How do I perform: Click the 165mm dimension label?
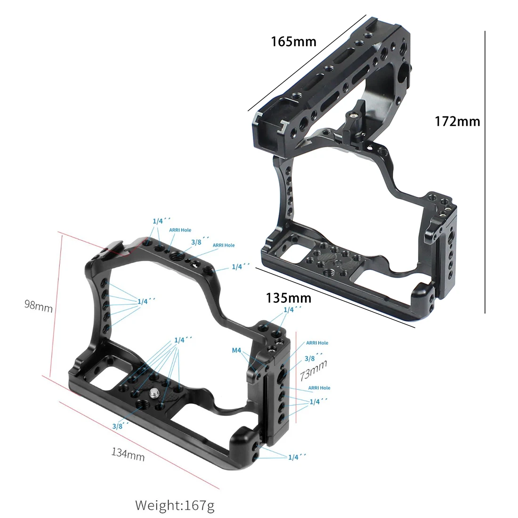pyautogui.click(x=293, y=41)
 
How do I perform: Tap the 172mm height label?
pyautogui.click(x=457, y=121)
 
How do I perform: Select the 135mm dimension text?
pyautogui.click(x=288, y=298)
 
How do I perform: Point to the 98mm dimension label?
pyautogui.click(x=38, y=306)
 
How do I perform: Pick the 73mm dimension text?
pyautogui.click(x=313, y=370)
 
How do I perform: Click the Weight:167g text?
pyautogui.click(x=175, y=505)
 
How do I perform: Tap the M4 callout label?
pyautogui.click(x=236, y=350)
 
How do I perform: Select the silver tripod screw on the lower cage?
pyautogui.click(x=154, y=393)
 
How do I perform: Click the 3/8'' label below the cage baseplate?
pyautogui.click(x=120, y=426)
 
